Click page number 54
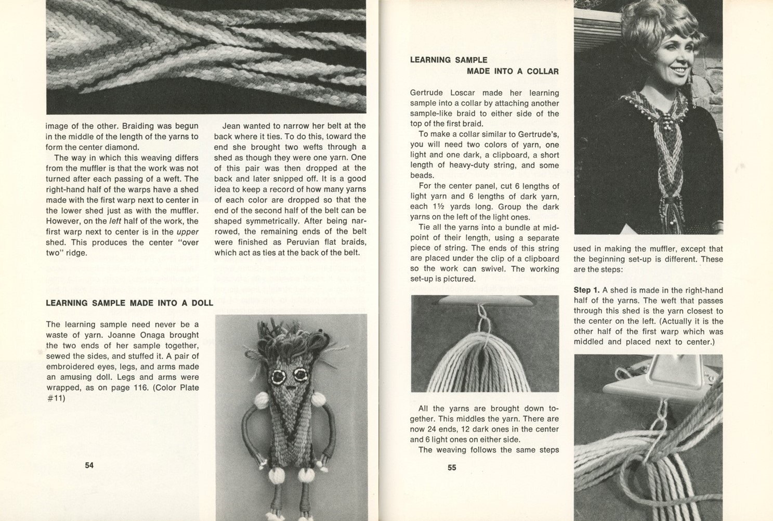(89, 465)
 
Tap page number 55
(452, 467)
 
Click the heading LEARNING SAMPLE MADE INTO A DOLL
(129, 303)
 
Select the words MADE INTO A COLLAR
(513, 72)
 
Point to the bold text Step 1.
(586, 290)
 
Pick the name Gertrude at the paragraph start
(428, 93)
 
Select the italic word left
(115, 222)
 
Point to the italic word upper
(188, 232)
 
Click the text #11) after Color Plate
(56, 398)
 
